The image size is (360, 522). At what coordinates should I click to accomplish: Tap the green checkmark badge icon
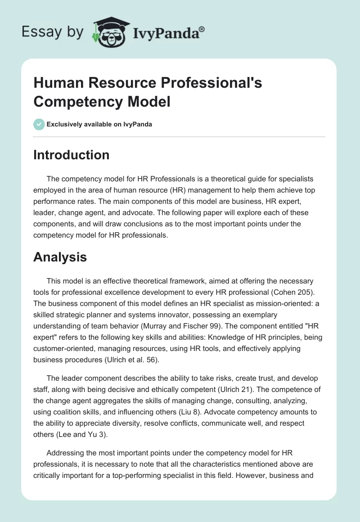[39, 124]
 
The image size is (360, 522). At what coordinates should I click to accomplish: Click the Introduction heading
[71, 155]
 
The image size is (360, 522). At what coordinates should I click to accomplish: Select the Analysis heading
[60, 257]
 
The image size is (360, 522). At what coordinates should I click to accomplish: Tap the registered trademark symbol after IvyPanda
[202, 28]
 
